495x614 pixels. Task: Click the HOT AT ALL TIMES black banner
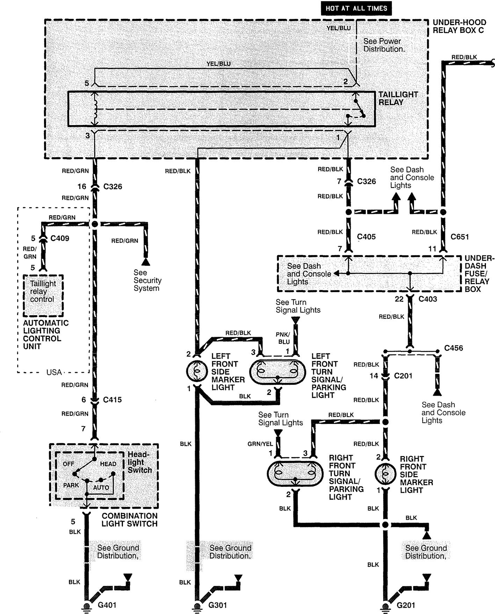pyautogui.click(x=356, y=8)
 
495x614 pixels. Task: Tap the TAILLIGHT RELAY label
pyautogui.click(x=398, y=99)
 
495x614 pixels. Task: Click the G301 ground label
pyautogui.click(x=218, y=605)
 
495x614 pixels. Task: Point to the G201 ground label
pyautogui.click(x=406, y=605)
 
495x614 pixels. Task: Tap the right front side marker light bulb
pyautogui.click(x=385, y=474)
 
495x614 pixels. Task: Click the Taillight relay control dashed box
pyautogui.click(x=43, y=295)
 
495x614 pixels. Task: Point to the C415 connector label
pyautogui.click(x=112, y=400)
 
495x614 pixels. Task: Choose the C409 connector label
pyautogui.click(x=60, y=239)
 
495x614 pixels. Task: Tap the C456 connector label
pyautogui.click(x=453, y=348)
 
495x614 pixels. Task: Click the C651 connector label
pyautogui.click(x=459, y=237)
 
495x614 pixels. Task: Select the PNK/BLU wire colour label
pyautogui.click(x=284, y=338)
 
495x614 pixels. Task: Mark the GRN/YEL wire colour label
pyautogui.click(x=260, y=444)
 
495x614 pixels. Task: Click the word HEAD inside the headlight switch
pyautogui.click(x=108, y=464)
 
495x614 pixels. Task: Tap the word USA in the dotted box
pyautogui.click(x=54, y=372)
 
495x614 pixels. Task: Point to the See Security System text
pyautogui.click(x=147, y=280)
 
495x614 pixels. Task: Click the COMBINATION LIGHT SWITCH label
pyautogui.click(x=129, y=520)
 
